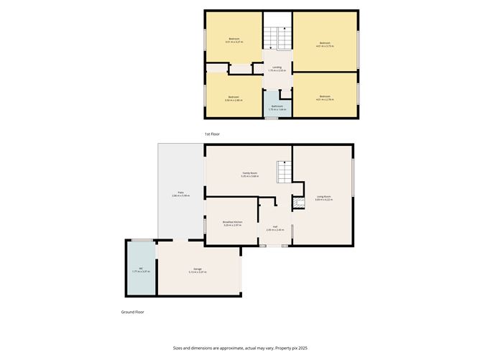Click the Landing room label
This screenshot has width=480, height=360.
click(277, 69)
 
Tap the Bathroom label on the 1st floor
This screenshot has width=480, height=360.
click(277, 107)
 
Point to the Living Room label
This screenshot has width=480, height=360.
click(323, 198)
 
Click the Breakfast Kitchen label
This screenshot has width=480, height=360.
click(232, 222)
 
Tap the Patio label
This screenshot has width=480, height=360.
click(181, 194)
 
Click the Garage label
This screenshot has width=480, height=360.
click(197, 270)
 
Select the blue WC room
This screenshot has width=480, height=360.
click(141, 269)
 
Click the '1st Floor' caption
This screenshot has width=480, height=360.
click(213, 134)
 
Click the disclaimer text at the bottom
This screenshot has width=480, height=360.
click(239, 346)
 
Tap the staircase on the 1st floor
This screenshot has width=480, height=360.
click(277, 35)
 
